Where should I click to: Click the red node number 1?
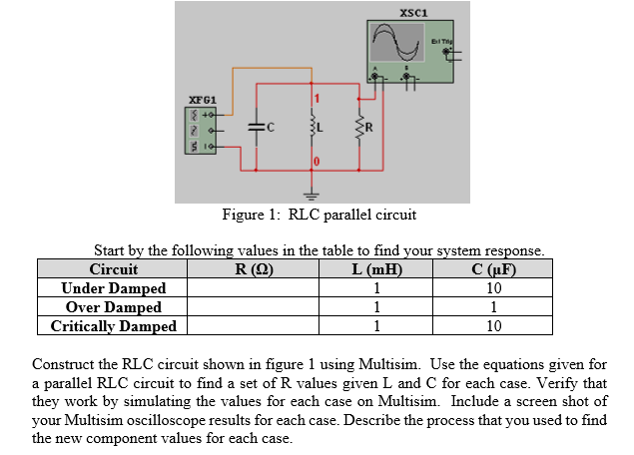320,98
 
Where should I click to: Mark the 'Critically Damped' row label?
114,326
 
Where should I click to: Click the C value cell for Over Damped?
499,307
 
